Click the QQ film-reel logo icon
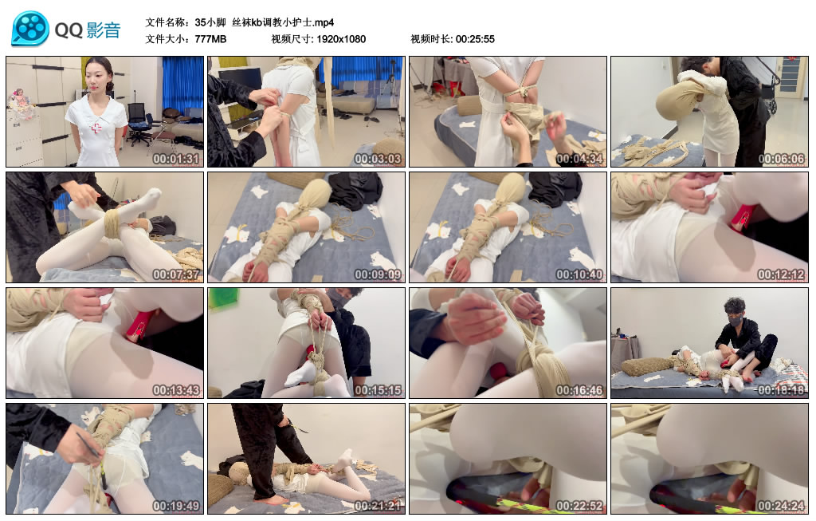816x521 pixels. point(30,30)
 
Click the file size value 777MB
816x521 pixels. point(210,39)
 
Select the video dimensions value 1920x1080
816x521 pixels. point(340,39)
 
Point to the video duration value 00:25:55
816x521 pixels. point(476,39)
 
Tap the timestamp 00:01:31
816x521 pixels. point(175,159)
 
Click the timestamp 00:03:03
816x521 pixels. point(377,159)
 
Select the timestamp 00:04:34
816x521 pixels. point(579,159)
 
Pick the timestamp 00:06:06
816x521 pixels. point(780,159)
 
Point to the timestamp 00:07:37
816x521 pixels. point(175,274)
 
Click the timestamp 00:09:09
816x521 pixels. point(377,274)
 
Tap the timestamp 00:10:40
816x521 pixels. point(579,274)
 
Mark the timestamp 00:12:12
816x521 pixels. point(780,274)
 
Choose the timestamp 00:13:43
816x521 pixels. point(175,390)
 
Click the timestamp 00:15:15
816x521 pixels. point(377,390)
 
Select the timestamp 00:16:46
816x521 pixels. point(579,390)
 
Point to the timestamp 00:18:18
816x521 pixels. point(780,390)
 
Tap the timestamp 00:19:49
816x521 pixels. point(175,506)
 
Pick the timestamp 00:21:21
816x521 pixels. point(377,506)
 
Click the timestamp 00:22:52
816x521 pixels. point(579,506)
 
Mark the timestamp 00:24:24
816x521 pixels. point(780,506)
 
